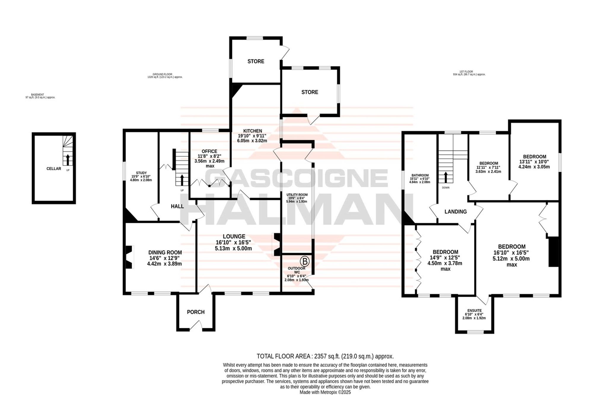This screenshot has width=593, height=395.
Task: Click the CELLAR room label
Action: [54, 169]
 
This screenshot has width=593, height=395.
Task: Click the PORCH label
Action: [196, 312]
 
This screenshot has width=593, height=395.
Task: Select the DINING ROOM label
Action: [165, 252]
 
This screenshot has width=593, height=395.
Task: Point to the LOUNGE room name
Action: [234, 236]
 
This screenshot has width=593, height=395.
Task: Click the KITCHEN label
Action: [253, 131]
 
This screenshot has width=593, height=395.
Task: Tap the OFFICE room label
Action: [209, 151]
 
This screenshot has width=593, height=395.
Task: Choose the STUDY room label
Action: [141, 173]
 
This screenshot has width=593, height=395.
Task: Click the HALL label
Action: [177, 206]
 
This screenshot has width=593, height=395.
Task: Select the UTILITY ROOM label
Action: [297, 195]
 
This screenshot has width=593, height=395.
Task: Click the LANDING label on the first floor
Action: [455, 212]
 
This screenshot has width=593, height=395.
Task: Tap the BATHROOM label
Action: [420, 175]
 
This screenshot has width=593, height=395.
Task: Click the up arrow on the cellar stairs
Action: [68, 160]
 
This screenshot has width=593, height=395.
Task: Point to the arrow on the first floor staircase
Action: [445, 177]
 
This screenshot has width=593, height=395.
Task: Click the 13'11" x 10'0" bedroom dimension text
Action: [534, 162]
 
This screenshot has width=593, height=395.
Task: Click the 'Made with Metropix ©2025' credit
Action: [325, 392]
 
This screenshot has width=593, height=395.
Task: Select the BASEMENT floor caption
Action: [38, 95]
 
